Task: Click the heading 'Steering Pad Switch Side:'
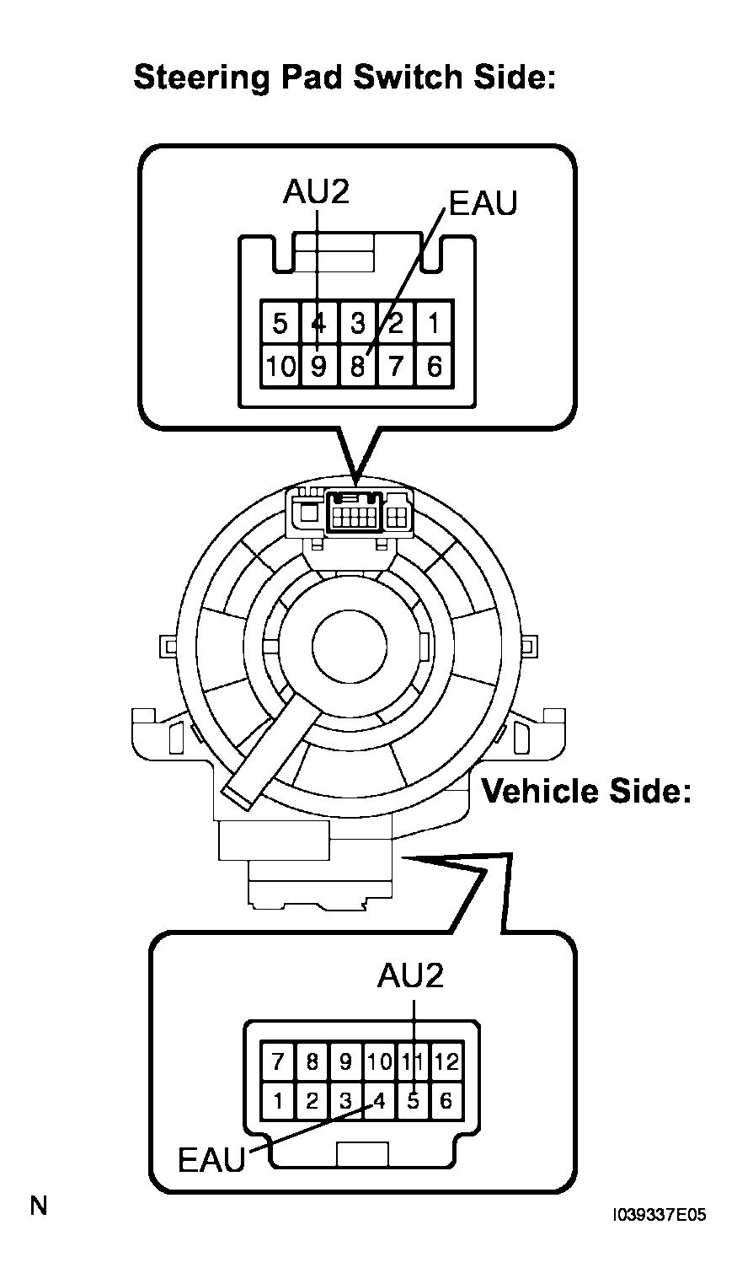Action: tap(344, 78)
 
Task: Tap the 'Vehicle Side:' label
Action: tap(586, 791)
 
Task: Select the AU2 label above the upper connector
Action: tap(316, 191)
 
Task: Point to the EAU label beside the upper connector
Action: tap(483, 203)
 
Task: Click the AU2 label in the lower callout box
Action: tap(410, 975)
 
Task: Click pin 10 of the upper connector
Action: tap(280, 366)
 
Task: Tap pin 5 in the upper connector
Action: tap(280, 323)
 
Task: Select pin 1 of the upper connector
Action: tap(435, 323)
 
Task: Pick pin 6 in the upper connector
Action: tap(435, 366)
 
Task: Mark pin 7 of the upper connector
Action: tap(396, 366)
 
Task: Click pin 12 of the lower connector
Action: tap(446, 1061)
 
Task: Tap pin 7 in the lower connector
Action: tap(278, 1061)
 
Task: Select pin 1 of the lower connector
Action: tap(278, 1101)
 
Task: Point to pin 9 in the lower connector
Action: tap(345, 1061)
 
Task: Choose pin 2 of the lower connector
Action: tap(312, 1101)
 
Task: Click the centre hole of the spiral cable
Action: tap(350, 646)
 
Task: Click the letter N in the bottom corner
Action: tap(39, 1206)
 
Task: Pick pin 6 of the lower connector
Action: tap(446, 1101)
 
